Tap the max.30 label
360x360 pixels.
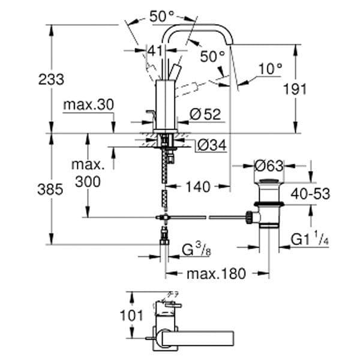[88, 105]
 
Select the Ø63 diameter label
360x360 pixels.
[269, 164]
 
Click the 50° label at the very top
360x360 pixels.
[162, 17]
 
